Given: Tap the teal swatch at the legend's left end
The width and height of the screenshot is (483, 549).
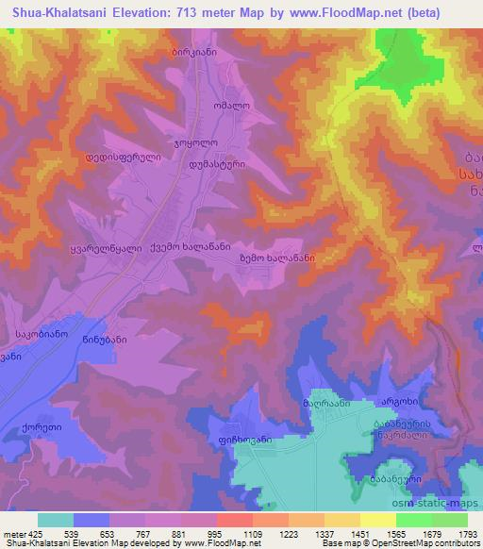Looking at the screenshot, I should click(x=55, y=519).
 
